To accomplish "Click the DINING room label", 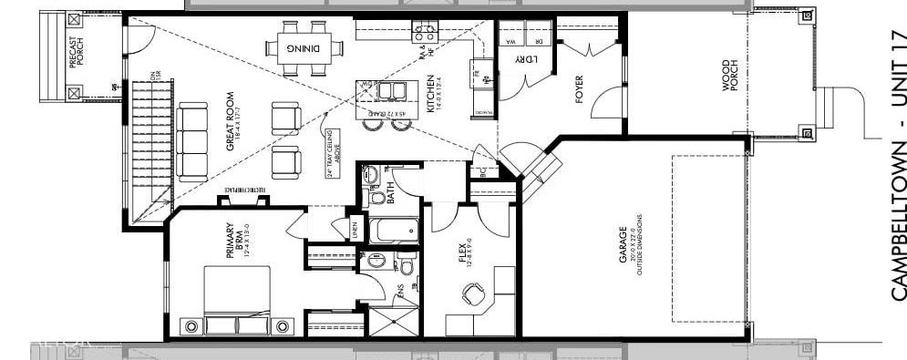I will pyautogui.click(x=304, y=47).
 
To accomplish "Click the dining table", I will pyautogui.click(x=304, y=47).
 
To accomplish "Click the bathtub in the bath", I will pyautogui.click(x=393, y=230).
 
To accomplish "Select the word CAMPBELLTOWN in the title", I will pyautogui.click(x=897, y=220).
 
